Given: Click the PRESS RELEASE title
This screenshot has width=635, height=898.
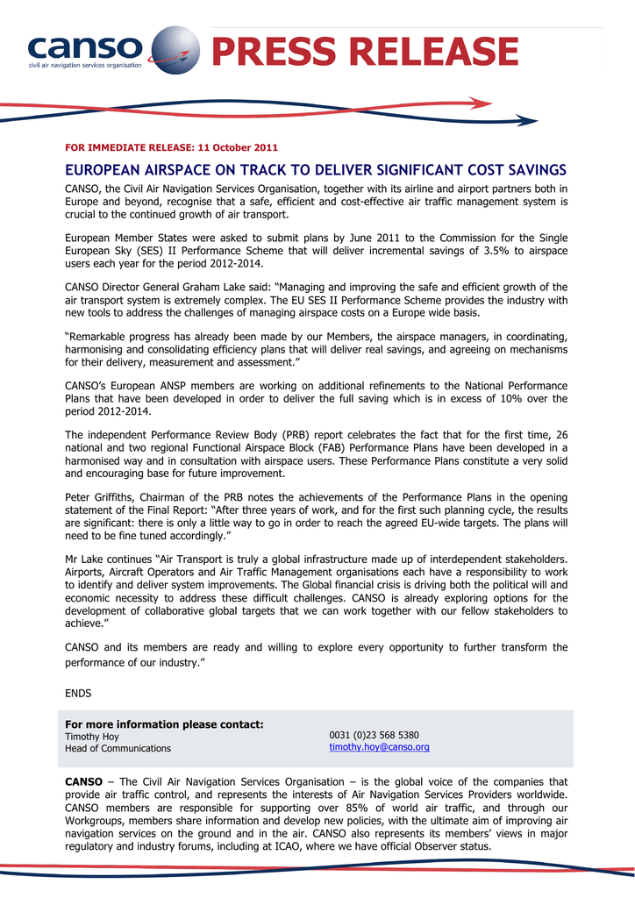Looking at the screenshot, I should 365,52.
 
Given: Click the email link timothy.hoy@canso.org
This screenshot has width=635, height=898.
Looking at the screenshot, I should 379,747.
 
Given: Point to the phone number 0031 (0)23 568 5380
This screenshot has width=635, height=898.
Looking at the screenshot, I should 374,734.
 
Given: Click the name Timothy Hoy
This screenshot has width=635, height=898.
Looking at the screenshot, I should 92,737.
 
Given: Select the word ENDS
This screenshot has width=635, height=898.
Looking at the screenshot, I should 78,693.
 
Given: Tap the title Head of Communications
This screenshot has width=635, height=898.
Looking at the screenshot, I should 118,748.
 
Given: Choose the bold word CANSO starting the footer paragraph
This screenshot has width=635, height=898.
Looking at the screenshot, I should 84,781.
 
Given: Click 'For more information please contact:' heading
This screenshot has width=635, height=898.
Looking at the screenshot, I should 165,724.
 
